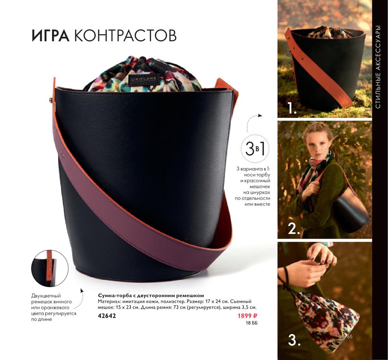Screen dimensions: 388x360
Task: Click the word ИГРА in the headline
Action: [x=51, y=36]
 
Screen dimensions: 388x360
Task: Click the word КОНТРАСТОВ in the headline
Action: [x=125, y=36]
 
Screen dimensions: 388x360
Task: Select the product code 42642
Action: [x=107, y=316]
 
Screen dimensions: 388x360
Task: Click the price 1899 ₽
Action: [x=248, y=316]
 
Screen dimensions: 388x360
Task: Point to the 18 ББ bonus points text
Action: [x=252, y=323]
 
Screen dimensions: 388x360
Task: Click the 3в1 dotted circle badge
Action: [x=255, y=149]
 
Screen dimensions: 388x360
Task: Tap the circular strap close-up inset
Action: [x=50, y=268]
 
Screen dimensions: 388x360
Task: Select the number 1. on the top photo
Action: [x=292, y=108]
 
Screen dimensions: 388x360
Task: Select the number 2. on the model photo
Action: [x=294, y=229]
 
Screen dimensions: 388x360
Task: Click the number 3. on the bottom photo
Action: [x=294, y=340]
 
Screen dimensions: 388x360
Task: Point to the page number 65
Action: [x=350, y=337]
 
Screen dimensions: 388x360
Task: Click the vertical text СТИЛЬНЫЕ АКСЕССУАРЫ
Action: [x=378, y=67]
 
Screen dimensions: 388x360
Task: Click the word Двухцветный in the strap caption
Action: [x=46, y=296]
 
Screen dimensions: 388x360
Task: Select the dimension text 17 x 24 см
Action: [x=216, y=301]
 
